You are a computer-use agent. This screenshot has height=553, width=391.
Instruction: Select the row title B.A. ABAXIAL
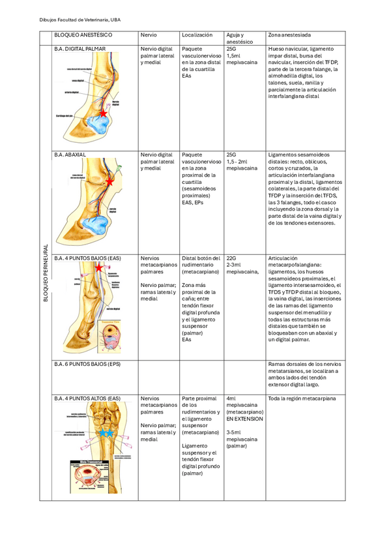click(71, 155)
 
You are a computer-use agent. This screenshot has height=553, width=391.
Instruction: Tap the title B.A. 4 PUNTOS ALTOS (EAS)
click(87, 398)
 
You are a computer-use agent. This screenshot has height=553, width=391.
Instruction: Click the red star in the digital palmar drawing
click(102, 113)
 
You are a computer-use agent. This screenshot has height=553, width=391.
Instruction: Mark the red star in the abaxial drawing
click(109, 182)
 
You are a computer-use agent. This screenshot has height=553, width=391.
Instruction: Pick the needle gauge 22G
click(232, 258)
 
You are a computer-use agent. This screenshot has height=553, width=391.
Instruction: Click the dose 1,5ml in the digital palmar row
click(235, 56)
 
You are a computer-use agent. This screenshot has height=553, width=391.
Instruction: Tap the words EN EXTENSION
click(244, 419)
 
